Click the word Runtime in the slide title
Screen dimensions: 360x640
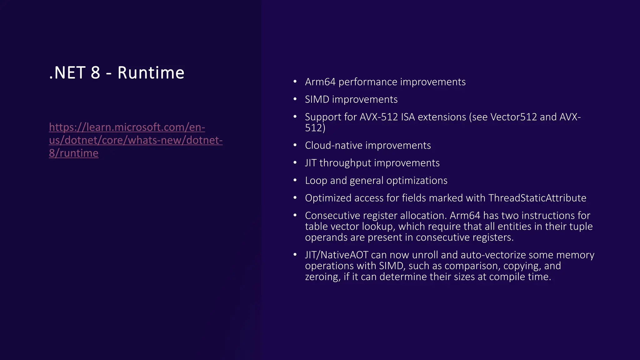coord(151,73)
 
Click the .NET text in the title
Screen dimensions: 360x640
coord(67,73)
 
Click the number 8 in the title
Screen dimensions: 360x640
coord(95,73)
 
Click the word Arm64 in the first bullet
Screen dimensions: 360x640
coord(320,82)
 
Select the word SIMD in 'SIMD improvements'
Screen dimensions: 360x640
coord(317,99)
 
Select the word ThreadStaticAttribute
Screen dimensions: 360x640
coord(537,198)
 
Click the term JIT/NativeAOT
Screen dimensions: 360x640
coord(337,255)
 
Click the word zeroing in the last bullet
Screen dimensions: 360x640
coord(322,277)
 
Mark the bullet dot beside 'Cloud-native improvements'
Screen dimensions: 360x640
coord(295,145)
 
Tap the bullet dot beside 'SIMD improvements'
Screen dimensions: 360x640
coord(295,99)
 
